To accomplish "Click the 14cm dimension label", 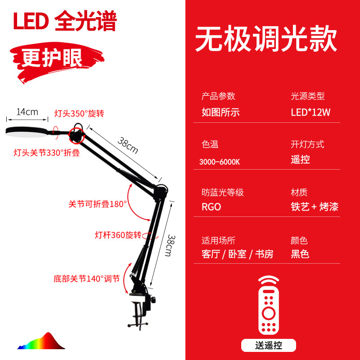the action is click(27, 112).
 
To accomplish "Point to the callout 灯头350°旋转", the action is click(82, 113).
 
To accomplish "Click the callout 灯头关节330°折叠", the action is click(46, 153).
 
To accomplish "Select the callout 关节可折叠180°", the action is click(98, 203).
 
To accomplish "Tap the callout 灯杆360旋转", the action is click(118, 235).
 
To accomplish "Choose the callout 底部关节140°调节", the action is click(86, 279).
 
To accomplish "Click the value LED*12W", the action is click(310, 112).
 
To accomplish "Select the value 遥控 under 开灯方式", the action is click(300, 160).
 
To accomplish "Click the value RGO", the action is click(211, 207).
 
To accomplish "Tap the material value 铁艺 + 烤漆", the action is click(314, 207).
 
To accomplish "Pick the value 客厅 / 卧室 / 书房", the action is click(237, 254).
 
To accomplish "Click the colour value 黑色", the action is click(300, 254).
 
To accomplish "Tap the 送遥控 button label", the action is click(268, 345).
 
